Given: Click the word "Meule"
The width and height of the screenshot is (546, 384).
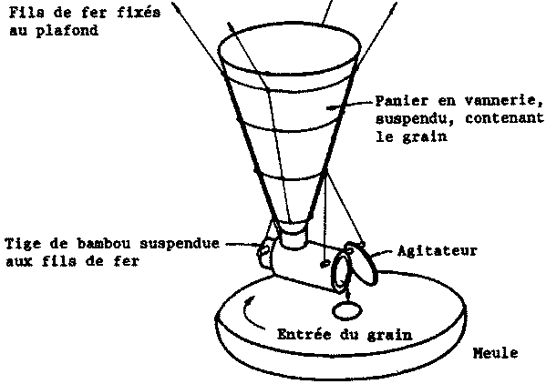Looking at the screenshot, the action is pyautogui.click(x=495, y=353).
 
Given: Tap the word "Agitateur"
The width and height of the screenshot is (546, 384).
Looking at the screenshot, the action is pyautogui.click(x=437, y=250).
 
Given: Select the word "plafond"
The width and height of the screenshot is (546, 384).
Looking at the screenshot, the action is pyautogui.click(x=67, y=31).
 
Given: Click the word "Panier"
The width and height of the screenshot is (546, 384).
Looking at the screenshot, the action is pyautogui.click(x=401, y=100).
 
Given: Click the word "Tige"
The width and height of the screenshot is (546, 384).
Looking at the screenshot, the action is pyautogui.click(x=24, y=244).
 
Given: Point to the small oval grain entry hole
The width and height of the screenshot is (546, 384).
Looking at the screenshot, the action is pyautogui.click(x=347, y=310).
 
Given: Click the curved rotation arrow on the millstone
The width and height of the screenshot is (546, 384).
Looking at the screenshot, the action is pyautogui.click(x=250, y=313).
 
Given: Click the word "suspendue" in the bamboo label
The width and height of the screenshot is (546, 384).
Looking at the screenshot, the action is pyautogui.click(x=180, y=244).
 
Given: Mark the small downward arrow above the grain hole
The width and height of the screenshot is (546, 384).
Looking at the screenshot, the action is pyautogui.click(x=348, y=294).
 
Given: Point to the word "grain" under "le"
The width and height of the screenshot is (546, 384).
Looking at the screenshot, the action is pyautogui.click(x=425, y=136).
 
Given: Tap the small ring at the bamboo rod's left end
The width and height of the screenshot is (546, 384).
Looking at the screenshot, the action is pyautogui.click(x=263, y=251).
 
